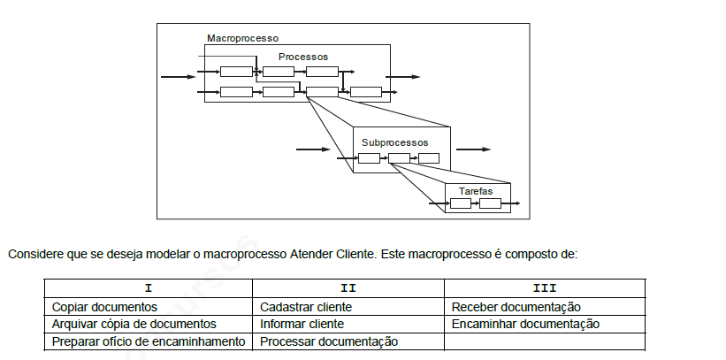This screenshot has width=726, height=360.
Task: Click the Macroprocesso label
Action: (242, 38)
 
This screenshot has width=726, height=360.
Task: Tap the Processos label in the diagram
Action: (302, 57)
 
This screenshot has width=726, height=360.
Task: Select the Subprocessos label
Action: (395, 142)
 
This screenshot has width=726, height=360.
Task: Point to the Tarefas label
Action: (476, 191)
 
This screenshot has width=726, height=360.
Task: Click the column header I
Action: (149, 288)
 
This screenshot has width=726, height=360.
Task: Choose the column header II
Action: (348, 288)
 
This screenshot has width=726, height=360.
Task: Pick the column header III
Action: (545, 288)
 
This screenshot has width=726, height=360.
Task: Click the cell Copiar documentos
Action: (104, 307)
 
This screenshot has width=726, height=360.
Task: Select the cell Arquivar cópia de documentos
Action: (134, 324)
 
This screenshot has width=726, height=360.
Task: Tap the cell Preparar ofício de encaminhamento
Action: (149, 341)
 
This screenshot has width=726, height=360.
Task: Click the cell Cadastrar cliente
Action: (306, 307)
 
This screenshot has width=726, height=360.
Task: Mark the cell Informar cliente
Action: (302, 324)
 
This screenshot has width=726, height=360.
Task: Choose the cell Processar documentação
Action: (329, 341)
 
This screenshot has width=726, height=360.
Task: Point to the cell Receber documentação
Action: (516, 307)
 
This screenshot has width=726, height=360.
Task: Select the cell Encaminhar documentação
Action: (525, 324)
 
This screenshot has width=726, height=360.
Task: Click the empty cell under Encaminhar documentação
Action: (545, 342)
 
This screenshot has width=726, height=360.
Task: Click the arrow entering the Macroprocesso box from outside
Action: (179, 77)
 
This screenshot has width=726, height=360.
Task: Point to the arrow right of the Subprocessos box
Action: (473, 149)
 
